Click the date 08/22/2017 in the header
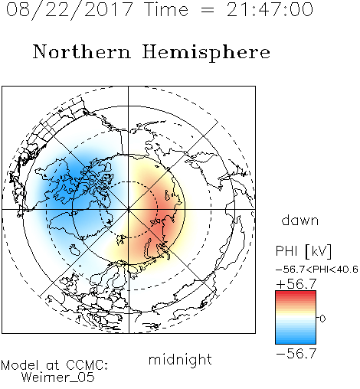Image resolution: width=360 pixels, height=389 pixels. [x=70, y=10]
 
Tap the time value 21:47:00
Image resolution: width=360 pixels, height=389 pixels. [x=270, y=9]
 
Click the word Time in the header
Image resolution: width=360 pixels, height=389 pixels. [x=166, y=9]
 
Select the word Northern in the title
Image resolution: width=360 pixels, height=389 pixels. [x=82, y=51]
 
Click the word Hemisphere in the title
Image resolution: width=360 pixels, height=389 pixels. [x=206, y=53]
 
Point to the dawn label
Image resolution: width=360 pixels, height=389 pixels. [x=300, y=220]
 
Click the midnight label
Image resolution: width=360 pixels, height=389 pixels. [x=180, y=360]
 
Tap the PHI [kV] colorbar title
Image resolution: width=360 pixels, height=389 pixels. [x=303, y=251]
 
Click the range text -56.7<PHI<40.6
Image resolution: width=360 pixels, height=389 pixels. [x=317, y=270]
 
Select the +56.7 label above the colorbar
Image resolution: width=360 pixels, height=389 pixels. [x=296, y=284]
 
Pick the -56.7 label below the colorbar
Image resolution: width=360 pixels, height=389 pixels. [x=296, y=353]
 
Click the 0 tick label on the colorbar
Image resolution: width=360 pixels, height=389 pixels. [x=322, y=319]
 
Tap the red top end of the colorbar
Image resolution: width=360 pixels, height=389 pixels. [x=296, y=293]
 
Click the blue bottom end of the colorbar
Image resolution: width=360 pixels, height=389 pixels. [x=296, y=342]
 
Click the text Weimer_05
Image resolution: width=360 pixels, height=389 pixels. [x=57, y=378]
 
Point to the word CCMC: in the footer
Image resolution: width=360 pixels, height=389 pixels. [x=87, y=365]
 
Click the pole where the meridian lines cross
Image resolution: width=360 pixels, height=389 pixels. [x=129, y=209]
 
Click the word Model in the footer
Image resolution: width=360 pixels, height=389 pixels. [x=20, y=365]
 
